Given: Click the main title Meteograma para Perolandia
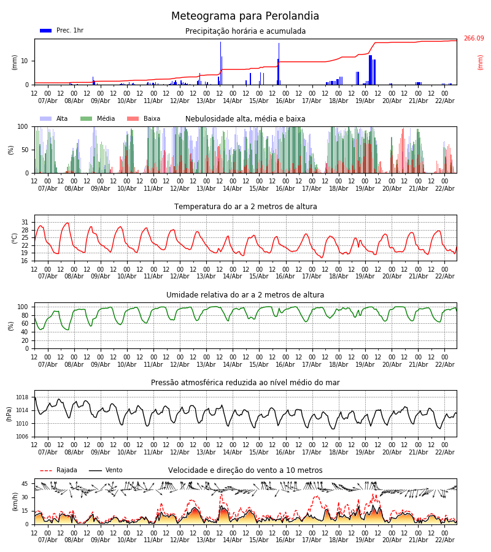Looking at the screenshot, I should [x=245, y=17].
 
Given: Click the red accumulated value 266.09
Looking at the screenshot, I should [x=473, y=39].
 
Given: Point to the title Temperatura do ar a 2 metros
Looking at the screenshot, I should [x=245, y=207].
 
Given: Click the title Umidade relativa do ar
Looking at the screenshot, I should [x=245, y=295].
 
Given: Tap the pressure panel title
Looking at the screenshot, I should [x=245, y=383].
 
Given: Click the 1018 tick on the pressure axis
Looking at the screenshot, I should [x=22, y=397].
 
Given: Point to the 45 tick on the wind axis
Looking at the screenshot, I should [x=26, y=484].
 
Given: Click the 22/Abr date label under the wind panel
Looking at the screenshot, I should [x=444, y=540].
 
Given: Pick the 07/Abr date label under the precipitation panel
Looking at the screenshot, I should [x=47, y=101].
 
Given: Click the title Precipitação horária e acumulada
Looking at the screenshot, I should [x=245, y=31].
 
